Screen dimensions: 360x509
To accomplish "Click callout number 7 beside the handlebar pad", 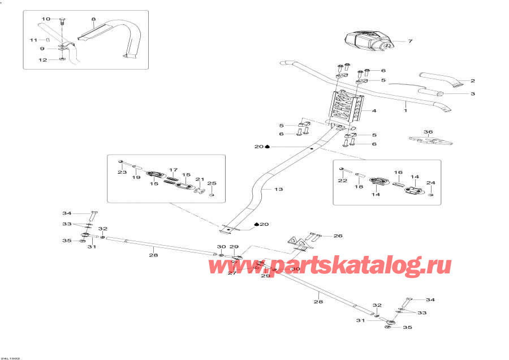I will pyautogui.click(x=411, y=41).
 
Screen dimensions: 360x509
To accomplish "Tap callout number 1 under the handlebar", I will pyautogui.click(x=406, y=105).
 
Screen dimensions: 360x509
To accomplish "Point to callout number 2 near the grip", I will pyautogui.click(x=473, y=81).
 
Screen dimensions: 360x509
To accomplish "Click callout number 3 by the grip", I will pyautogui.click(x=473, y=93).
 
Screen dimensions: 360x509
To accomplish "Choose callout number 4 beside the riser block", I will pyautogui.click(x=374, y=111).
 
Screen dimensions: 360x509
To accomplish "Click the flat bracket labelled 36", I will pyautogui.click(x=426, y=140).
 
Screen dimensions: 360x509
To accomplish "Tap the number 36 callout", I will pyautogui.click(x=428, y=132).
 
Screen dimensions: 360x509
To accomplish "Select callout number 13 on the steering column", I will pyautogui.click(x=278, y=188).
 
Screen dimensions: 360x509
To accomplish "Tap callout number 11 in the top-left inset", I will pyautogui.click(x=33, y=40).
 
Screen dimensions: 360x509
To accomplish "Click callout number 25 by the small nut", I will pyautogui.click(x=212, y=183).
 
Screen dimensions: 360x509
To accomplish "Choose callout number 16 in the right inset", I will pyautogui.click(x=398, y=172).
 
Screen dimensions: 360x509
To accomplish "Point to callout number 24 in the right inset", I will pyautogui.click(x=430, y=183).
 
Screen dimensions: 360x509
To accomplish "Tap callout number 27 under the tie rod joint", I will pyautogui.click(x=232, y=273).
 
